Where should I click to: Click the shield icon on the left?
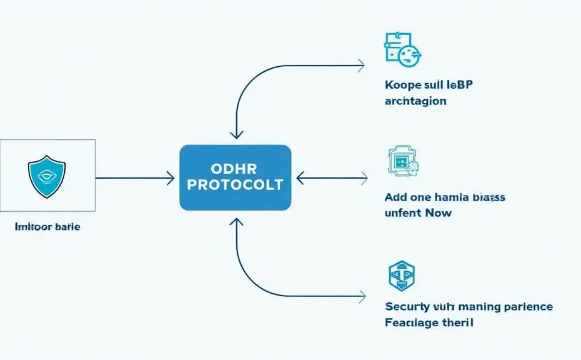(x=47, y=176)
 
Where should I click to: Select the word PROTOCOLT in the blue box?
(x=236, y=185)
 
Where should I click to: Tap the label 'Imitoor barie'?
(x=47, y=227)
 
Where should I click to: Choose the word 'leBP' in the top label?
(x=459, y=84)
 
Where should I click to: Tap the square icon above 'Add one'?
(x=402, y=161)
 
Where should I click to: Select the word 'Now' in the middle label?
(x=438, y=212)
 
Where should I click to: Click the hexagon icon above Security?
(x=402, y=276)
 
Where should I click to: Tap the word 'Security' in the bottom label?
(x=407, y=307)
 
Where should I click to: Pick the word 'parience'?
(x=528, y=307)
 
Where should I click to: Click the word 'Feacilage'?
(x=412, y=323)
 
